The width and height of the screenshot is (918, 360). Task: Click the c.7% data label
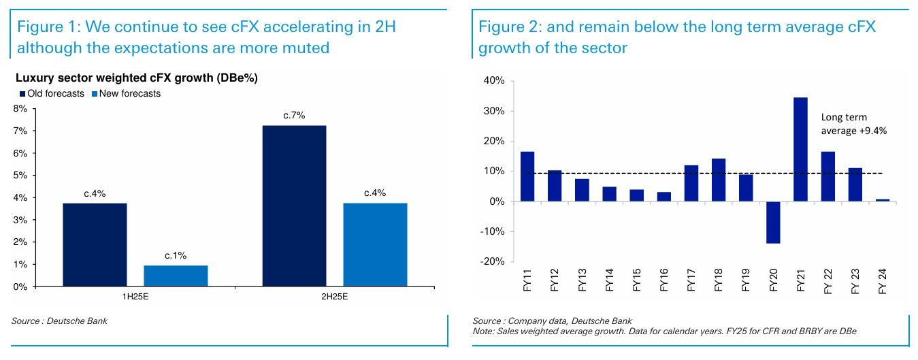[x=294, y=115]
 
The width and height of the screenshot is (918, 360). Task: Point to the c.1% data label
[x=176, y=255]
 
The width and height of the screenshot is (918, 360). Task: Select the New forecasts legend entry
[x=126, y=93]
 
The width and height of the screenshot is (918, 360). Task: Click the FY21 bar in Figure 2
[x=800, y=150]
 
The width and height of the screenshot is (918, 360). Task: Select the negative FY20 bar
[x=773, y=222]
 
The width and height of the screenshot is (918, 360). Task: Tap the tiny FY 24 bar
[x=883, y=200]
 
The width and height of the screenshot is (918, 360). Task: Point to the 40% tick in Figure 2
[x=493, y=81]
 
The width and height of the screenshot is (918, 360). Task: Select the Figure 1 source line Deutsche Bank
[x=59, y=321]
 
